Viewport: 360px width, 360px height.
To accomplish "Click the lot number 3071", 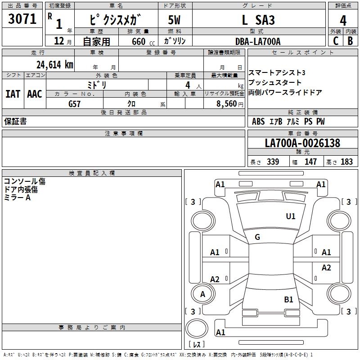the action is pyautogui.click(x=22, y=19).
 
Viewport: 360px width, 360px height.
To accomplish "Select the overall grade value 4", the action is pyautogui.click(x=343, y=21).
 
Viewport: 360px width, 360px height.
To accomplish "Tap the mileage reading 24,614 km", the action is pyautogui.click(x=55, y=65).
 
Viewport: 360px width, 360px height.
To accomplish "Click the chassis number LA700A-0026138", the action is pyautogui.click(x=302, y=143).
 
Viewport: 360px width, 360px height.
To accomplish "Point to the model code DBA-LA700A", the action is pyautogui.click(x=258, y=41).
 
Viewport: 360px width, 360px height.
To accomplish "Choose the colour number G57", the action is pyautogui.click(x=74, y=104).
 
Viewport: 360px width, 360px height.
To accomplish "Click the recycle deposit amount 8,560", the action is pyautogui.click(x=227, y=104).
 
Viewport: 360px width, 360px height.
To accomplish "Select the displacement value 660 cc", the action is pyautogui.click(x=143, y=42).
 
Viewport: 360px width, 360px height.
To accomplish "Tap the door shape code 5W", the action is pyautogui.click(x=174, y=20).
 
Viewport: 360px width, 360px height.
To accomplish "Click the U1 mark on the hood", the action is pyautogui.click(x=290, y=216).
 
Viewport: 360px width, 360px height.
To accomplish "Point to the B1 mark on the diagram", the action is pyautogui.click(x=288, y=299).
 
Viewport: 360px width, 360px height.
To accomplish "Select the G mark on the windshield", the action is pyautogui.click(x=257, y=237).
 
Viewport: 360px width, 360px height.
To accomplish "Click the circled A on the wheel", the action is pyautogui.click(x=203, y=294).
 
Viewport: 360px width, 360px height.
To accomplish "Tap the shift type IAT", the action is pyautogui.click(x=13, y=94).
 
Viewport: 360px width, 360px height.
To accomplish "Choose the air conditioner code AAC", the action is pyautogui.click(x=35, y=94).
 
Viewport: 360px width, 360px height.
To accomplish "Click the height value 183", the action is pyautogui.click(x=346, y=162).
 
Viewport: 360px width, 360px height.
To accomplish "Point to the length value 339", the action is pyautogui.click(x=273, y=162).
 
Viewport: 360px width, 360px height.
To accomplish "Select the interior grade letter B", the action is pyautogui.click(x=350, y=41).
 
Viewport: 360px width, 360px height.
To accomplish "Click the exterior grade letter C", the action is pyautogui.click(x=336, y=41).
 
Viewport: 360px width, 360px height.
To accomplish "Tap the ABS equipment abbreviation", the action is pyautogui.click(x=258, y=121).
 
